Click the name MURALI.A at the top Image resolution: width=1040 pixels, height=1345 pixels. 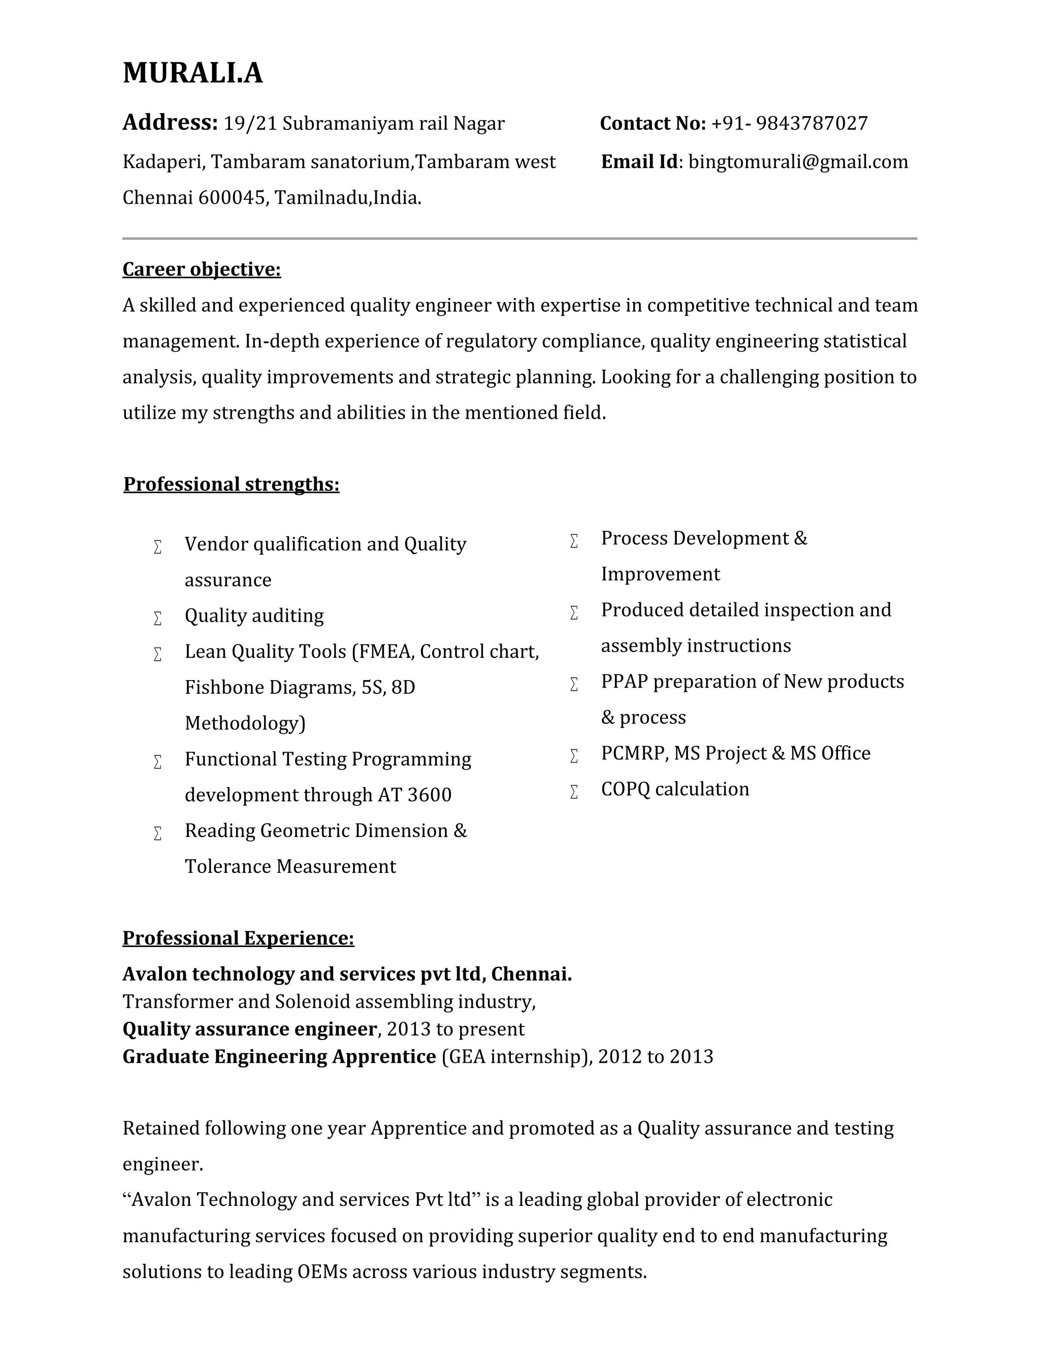(192, 73)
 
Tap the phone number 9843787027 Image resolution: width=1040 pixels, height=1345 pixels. (811, 124)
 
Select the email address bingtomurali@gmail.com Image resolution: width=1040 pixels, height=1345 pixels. (798, 162)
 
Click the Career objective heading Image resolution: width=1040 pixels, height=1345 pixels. (202, 269)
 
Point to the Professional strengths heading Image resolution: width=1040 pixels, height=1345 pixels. (231, 484)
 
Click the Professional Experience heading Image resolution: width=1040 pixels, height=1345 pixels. (238, 938)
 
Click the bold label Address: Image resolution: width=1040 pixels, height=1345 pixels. (170, 122)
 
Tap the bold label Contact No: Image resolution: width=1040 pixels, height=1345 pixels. (653, 124)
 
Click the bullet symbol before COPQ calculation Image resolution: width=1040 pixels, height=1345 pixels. (574, 791)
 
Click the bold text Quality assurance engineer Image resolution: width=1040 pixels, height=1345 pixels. (249, 1029)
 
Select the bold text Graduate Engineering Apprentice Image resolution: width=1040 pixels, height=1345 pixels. (279, 1057)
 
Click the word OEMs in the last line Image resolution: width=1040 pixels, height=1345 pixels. (321, 1272)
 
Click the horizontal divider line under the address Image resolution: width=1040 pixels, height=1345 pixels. (519, 239)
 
